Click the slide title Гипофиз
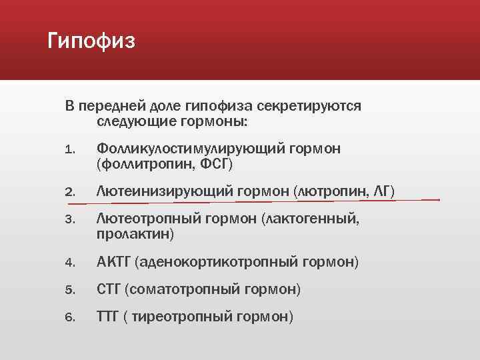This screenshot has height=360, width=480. pos(92,42)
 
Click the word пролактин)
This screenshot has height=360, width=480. pos(135,234)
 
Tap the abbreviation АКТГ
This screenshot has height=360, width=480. pos(114,263)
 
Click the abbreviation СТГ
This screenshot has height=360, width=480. pos(109,290)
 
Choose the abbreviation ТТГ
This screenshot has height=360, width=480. pos(108,317)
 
